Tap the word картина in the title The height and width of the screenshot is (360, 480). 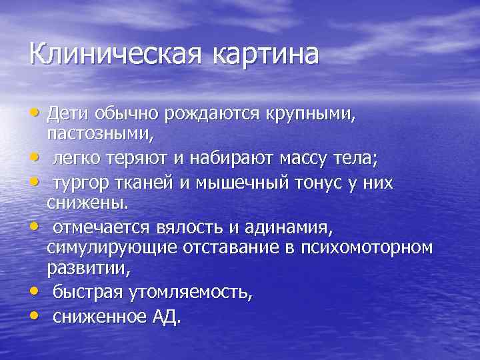266,54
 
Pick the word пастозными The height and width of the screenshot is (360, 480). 100,134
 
